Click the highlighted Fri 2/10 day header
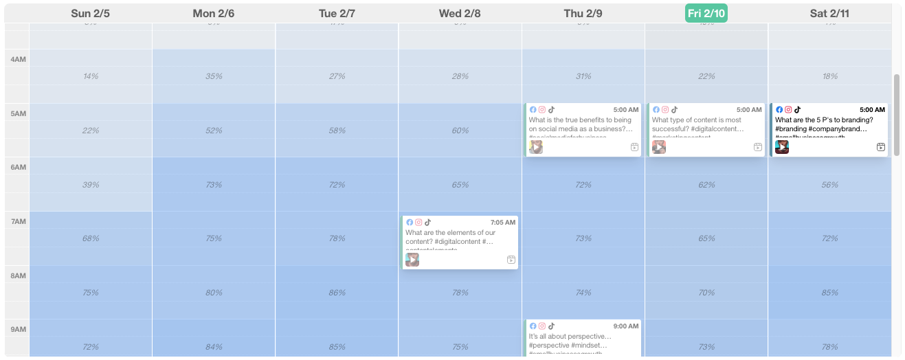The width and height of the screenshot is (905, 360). [706, 13]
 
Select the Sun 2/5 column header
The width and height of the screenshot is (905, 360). [91, 13]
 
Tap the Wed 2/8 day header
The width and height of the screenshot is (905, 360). [460, 13]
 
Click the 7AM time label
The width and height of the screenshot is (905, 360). [18, 221]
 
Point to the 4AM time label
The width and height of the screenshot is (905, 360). [18, 60]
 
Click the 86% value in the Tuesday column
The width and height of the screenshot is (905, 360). [337, 293]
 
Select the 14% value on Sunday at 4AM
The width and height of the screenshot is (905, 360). [91, 76]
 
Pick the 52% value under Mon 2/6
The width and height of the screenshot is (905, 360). [214, 131]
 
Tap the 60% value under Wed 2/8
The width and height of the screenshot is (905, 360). [460, 131]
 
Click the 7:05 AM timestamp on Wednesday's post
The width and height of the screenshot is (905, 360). [503, 223]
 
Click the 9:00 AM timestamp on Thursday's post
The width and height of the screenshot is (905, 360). [626, 326]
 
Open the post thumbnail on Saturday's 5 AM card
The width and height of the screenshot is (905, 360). [782, 147]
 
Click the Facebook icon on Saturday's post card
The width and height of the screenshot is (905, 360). [779, 110]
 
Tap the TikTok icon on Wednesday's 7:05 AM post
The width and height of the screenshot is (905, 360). [428, 223]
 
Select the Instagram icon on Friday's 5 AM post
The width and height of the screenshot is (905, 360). [665, 110]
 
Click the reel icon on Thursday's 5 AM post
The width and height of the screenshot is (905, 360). [634, 147]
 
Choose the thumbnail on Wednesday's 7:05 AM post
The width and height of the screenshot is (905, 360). [412, 260]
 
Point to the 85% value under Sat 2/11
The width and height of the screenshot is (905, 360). [829, 293]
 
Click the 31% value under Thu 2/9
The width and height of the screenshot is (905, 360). [583, 76]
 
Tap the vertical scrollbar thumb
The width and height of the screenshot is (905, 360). [896, 115]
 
